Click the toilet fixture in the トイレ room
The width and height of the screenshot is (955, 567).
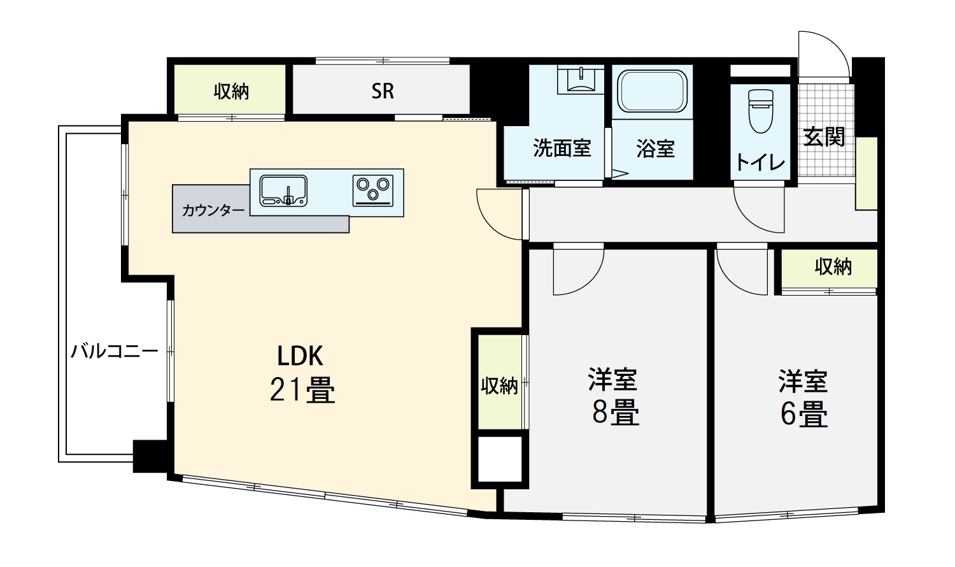tap(761, 111)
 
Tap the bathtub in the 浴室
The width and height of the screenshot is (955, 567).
tap(653, 91)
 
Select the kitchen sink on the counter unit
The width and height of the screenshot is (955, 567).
tap(283, 190)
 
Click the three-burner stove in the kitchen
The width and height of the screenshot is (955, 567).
tap(373, 190)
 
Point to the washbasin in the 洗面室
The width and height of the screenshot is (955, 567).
tap(581, 80)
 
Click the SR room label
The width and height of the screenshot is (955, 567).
tap(383, 91)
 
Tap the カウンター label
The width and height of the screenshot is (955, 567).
tap(213, 210)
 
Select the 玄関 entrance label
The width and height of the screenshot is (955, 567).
tap(824, 136)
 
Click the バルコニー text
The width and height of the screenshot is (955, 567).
tap(114, 352)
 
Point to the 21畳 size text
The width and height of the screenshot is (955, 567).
tap(302, 390)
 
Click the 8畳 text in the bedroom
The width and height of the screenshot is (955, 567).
tap(616, 412)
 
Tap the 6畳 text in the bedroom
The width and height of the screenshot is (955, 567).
tap(804, 414)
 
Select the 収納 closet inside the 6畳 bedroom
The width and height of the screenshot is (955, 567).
tap(829, 269)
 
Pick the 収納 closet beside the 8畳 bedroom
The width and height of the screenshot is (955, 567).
tap(500, 382)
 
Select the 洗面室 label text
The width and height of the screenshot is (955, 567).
tap(562, 148)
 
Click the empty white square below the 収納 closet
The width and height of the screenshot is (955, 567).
tap(500, 459)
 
